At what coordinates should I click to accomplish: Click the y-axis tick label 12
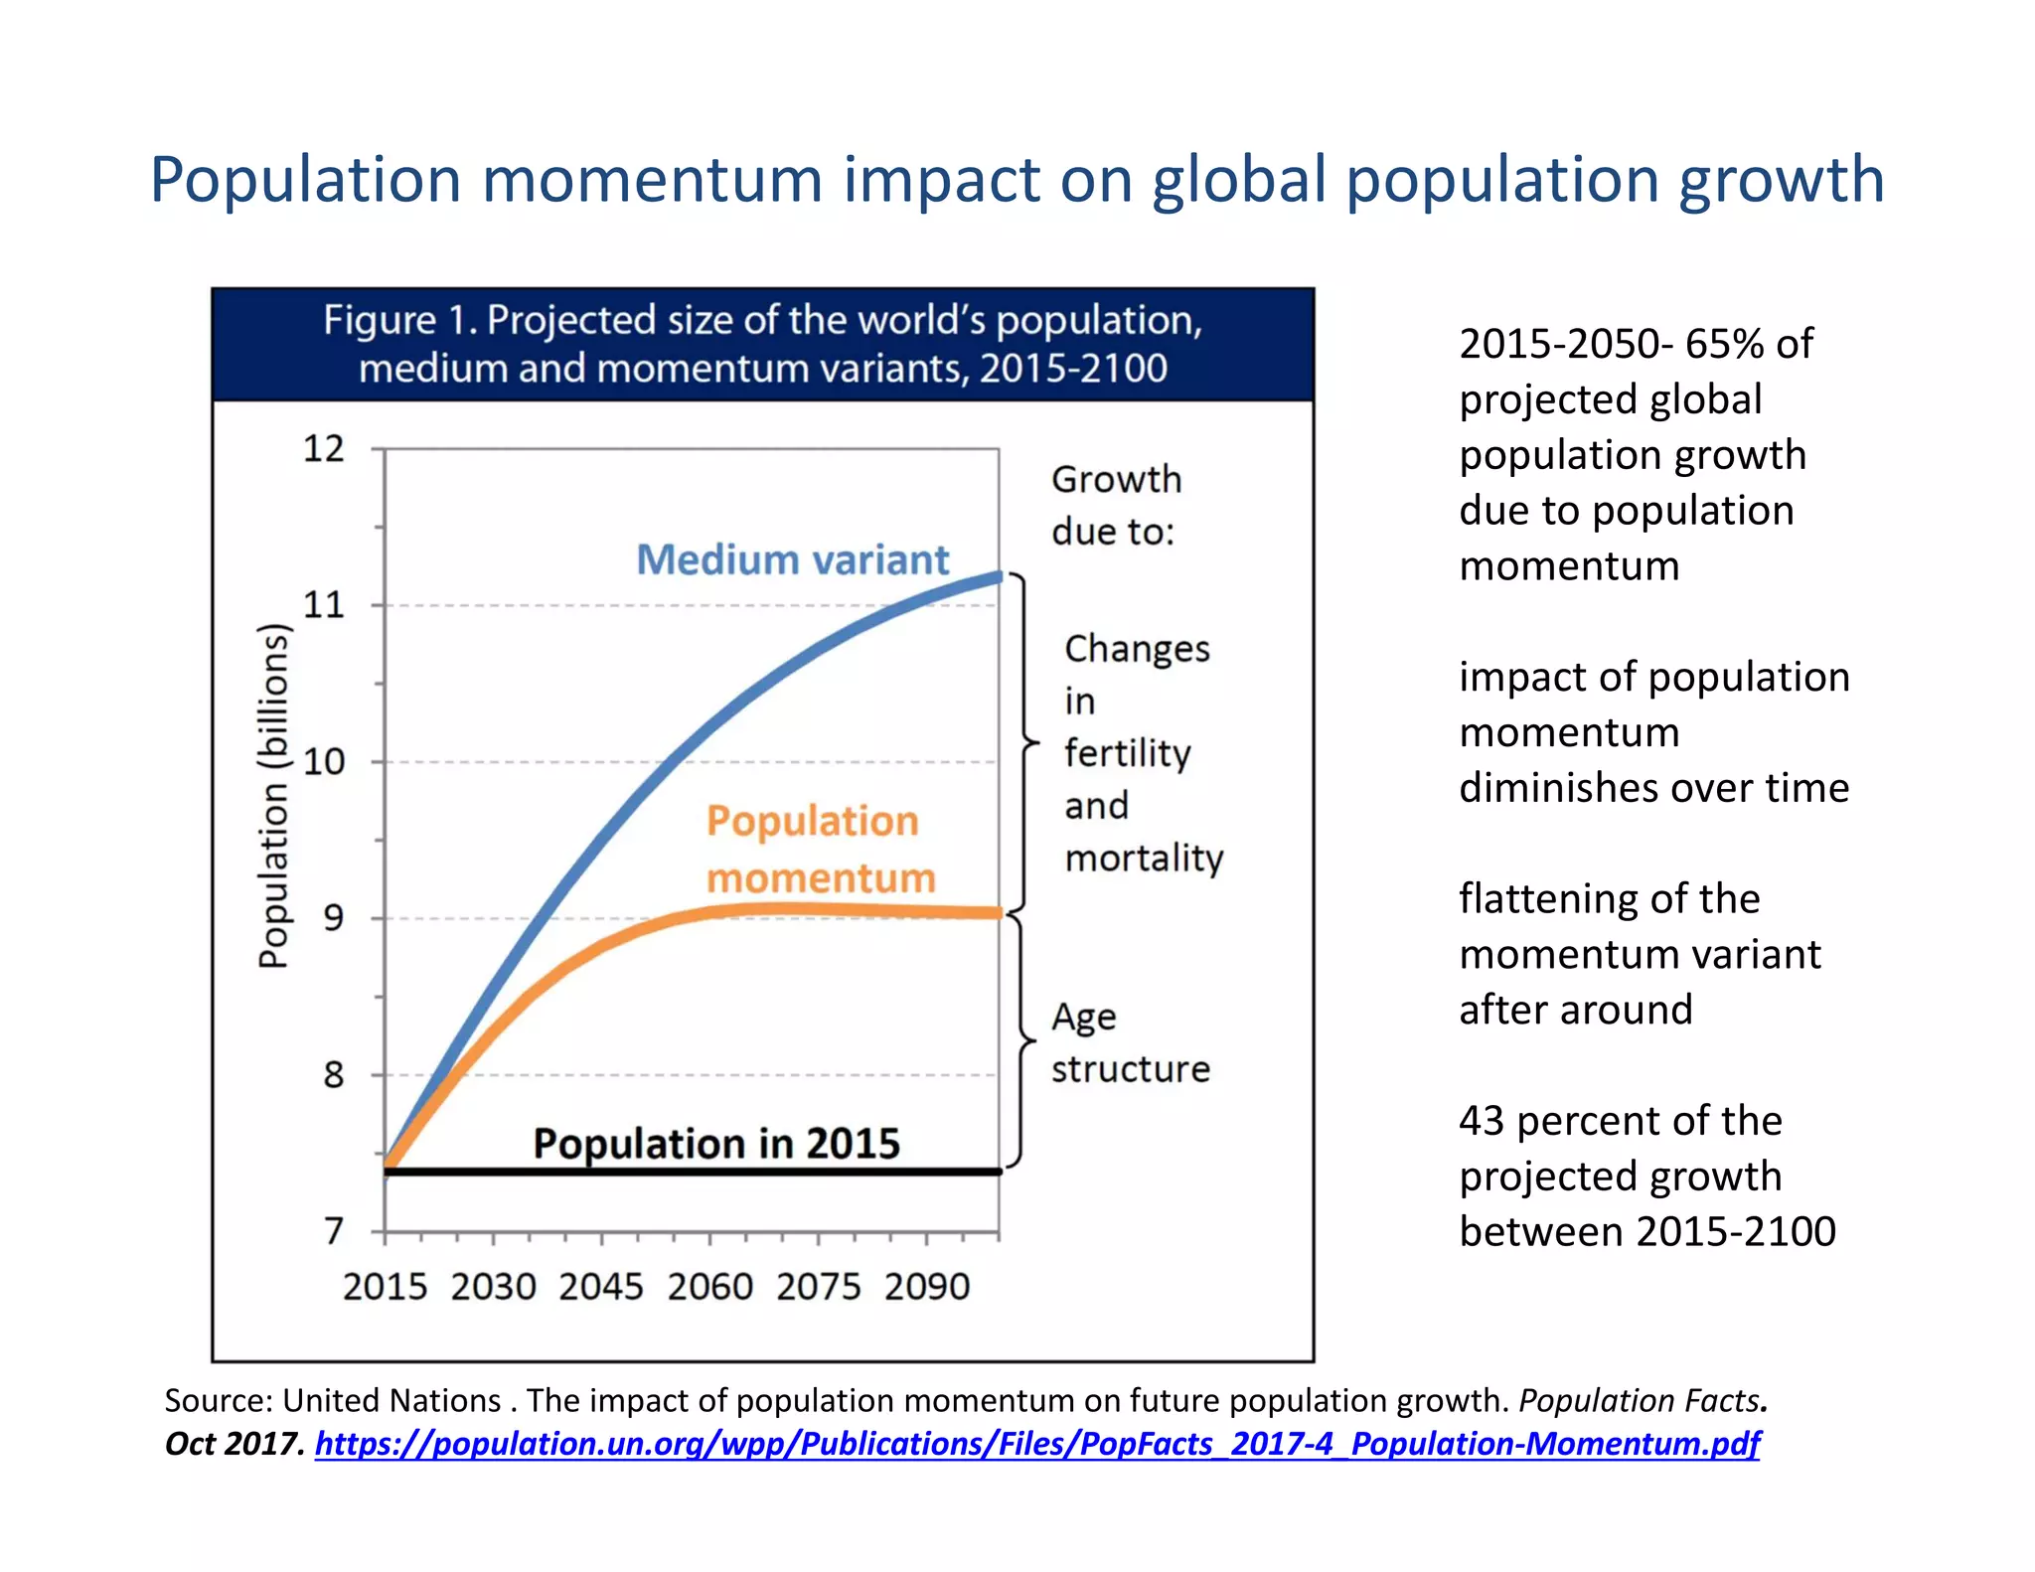coord(323,449)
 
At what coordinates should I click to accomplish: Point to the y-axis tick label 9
coord(334,918)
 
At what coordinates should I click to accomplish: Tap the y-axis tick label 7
coord(334,1232)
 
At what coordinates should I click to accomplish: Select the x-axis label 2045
coord(601,1287)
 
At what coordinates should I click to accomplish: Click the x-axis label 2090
coord(927,1287)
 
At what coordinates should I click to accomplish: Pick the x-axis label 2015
coord(385,1287)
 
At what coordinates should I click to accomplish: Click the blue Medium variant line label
coord(792,559)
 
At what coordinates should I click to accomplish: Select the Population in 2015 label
coord(715,1144)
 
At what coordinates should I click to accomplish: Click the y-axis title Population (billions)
coord(273,795)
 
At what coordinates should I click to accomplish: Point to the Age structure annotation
coord(1130,1042)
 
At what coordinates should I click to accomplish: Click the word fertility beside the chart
coord(1127,753)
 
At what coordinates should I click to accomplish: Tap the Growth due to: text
coord(1115,505)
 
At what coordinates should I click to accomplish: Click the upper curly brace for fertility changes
coord(1025,742)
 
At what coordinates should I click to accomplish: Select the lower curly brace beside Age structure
coord(1023,1040)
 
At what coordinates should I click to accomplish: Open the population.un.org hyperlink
coord(1036,1443)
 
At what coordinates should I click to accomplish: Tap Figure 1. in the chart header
coord(399,321)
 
